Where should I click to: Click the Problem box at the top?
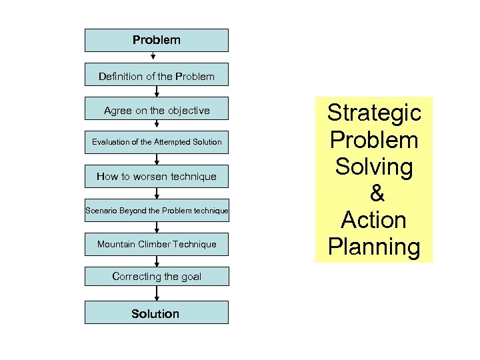pyautogui.click(x=156, y=40)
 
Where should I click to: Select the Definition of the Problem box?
pyautogui.click(x=156, y=76)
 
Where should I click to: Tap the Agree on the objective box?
pyautogui.click(x=156, y=110)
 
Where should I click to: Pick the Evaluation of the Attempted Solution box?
pyautogui.click(x=156, y=142)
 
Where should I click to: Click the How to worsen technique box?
pyautogui.click(x=156, y=177)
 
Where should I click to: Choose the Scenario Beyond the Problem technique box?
pyautogui.click(x=156, y=211)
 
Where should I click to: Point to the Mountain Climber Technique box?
pyautogui.click(x=156, y=244)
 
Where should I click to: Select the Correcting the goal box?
pyautogui.click(x=156, y=277)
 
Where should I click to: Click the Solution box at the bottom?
pyautogui.click(x=156, y=313)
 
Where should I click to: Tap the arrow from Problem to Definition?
pyautogui.click(x=153, y=57)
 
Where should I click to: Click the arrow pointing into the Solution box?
pyautogui.click(x=156, y=294)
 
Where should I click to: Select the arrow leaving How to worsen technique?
pyautogui.click(x=156, y=193)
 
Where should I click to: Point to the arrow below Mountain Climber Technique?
pyautogui.click(x=156, y=261)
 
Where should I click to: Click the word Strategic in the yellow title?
pyautogui.click(x=373, y=113)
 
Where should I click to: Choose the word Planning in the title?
pyautogui.click(x=374, y=247)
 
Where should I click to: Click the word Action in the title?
pyautogui.click(x=374, y=220)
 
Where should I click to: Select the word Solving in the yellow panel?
pyautogui.click(x=374, y=167)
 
